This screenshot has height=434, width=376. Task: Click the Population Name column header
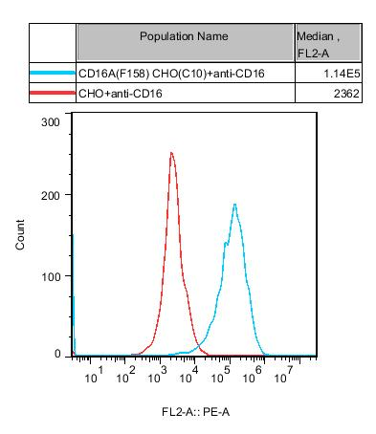[184, 36]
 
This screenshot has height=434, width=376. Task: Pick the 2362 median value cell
[344, 94]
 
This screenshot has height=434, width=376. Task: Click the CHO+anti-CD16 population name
[125, 94]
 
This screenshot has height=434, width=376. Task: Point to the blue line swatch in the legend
[52, 73]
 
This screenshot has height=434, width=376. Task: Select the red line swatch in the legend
[52, 94]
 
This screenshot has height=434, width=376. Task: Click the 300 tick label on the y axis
[52, 122]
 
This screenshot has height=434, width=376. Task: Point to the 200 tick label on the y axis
[52, 194]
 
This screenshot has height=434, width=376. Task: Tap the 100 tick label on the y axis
[52, 276]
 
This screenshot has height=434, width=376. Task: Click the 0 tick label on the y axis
[58, 354]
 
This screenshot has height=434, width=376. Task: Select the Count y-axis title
[21, 238]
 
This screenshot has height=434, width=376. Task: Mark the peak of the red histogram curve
[171, 153]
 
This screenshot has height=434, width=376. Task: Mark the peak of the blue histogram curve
[234, 204]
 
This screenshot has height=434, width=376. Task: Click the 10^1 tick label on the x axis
[93, 379]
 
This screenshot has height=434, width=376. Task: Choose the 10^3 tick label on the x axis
[155, 379]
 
